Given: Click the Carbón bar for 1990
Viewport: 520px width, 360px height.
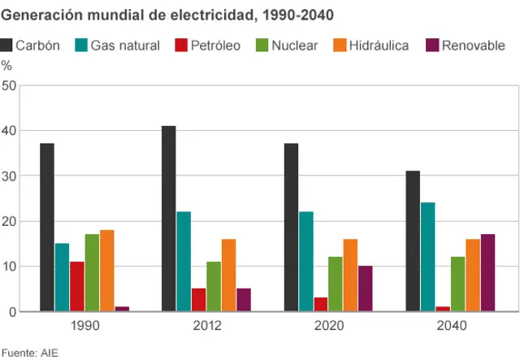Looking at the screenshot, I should (47, 228).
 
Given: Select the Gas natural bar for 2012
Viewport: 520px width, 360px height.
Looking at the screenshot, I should (184, 262).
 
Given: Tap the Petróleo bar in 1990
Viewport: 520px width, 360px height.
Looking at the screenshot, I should (76, 286).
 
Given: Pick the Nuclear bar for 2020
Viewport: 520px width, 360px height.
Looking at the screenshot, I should (336, 284).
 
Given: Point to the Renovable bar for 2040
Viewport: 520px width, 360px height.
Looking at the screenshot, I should (487, 272).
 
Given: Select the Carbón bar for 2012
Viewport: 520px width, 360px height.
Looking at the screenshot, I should (169, 219).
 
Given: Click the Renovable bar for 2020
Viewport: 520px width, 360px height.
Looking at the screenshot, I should (365, 288).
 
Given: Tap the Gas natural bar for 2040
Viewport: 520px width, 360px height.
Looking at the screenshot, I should (428, 257).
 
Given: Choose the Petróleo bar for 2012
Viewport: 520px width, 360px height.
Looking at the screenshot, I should (198, 300).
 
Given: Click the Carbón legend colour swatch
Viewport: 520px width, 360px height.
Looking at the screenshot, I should (9, 46).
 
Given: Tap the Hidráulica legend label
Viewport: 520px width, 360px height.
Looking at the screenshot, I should (379, 46).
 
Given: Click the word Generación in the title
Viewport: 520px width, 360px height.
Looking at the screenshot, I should (37, 15).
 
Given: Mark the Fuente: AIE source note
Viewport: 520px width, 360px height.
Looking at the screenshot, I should (29, 353).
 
